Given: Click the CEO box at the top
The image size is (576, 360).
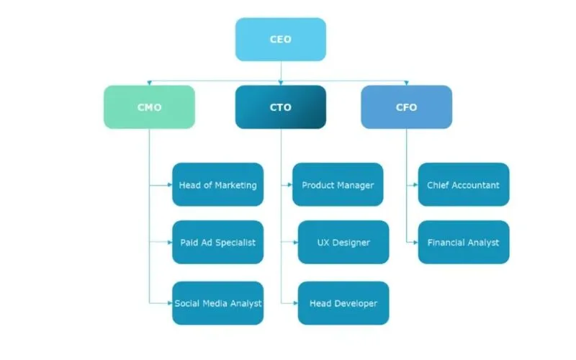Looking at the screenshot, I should tap(281, 40).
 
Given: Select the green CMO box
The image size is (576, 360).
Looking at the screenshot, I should tap(149, 107).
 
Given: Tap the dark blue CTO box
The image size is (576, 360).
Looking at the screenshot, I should tap(281, 107).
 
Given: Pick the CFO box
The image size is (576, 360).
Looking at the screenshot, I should tap(406, 107).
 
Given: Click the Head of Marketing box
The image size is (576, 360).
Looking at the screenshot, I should tap(217, 185).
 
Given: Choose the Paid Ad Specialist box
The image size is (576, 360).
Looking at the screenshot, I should tap(217, 243).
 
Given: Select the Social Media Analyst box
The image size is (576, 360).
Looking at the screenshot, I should tap(217, 303).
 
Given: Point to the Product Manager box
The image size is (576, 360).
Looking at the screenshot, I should tap(338, 185).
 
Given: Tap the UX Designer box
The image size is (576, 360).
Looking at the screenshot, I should tap(343, 243).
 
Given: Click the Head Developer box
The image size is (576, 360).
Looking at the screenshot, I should tap(343, 303).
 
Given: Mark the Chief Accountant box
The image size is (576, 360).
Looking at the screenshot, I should tap(463, 185).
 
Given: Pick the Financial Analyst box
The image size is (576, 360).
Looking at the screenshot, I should tap(463, 243).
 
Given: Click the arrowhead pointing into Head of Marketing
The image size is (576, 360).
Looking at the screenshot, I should tap(169, 185).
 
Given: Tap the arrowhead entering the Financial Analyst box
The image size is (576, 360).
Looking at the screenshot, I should tap(415, 243).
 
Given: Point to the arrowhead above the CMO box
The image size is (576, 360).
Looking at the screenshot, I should tap(149, 83).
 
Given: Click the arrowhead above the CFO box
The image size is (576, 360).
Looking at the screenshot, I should tap(406, 83).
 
